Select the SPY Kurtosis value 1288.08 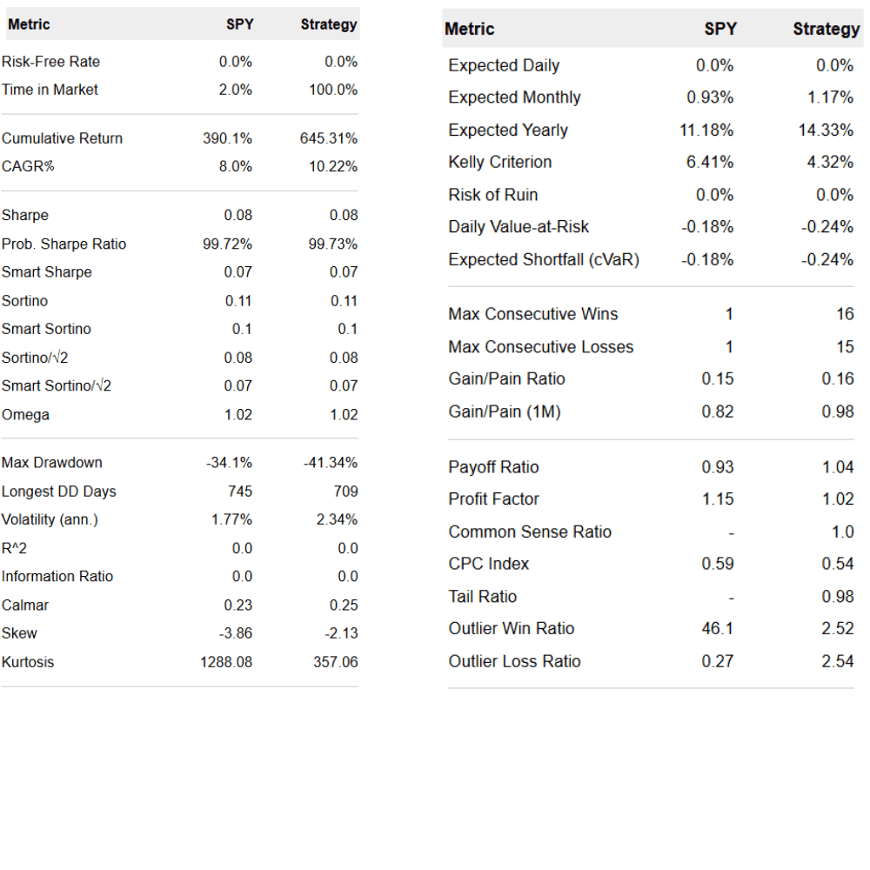(226, 662)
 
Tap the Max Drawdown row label (52, 463)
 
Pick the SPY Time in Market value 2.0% (235, 90)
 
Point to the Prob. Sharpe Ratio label (64, 244)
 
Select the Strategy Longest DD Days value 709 (345, 492)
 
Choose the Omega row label (26, 415)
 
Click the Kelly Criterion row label (500, 162)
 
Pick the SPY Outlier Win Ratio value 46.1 (718, 628)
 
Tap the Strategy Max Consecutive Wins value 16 (845, 314)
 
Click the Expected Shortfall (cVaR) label (544, 259)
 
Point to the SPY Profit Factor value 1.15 (718, 499)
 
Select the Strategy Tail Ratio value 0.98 (838, 596)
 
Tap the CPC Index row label (489, 564)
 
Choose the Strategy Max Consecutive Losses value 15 (845, 346)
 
